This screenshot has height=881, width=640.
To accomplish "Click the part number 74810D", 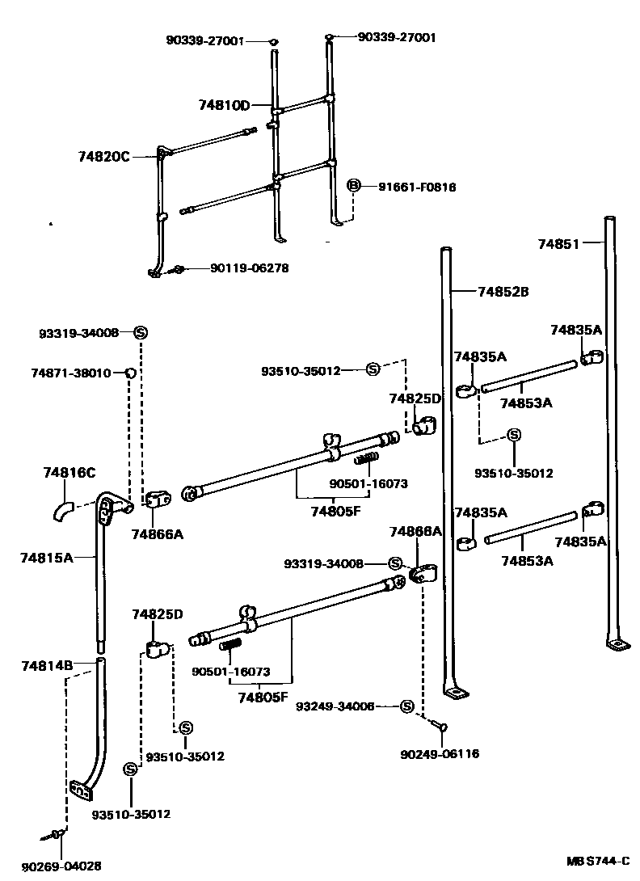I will [x=224, y=105].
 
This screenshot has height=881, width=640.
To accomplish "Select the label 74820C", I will [x=103, y=156].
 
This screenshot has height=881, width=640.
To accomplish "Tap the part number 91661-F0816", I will [x=417, y=187].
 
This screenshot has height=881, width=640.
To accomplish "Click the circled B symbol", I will [x=352, y=187].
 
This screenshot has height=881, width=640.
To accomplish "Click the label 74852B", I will [x=503, y=292].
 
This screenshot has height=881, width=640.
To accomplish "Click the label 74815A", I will [x=47, y=557].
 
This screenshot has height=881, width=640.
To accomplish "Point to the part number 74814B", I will [x=47, y=665].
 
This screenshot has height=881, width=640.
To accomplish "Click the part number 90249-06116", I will [x=440, y=754].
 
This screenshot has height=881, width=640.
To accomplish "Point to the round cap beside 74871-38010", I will [x=128, y=373].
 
